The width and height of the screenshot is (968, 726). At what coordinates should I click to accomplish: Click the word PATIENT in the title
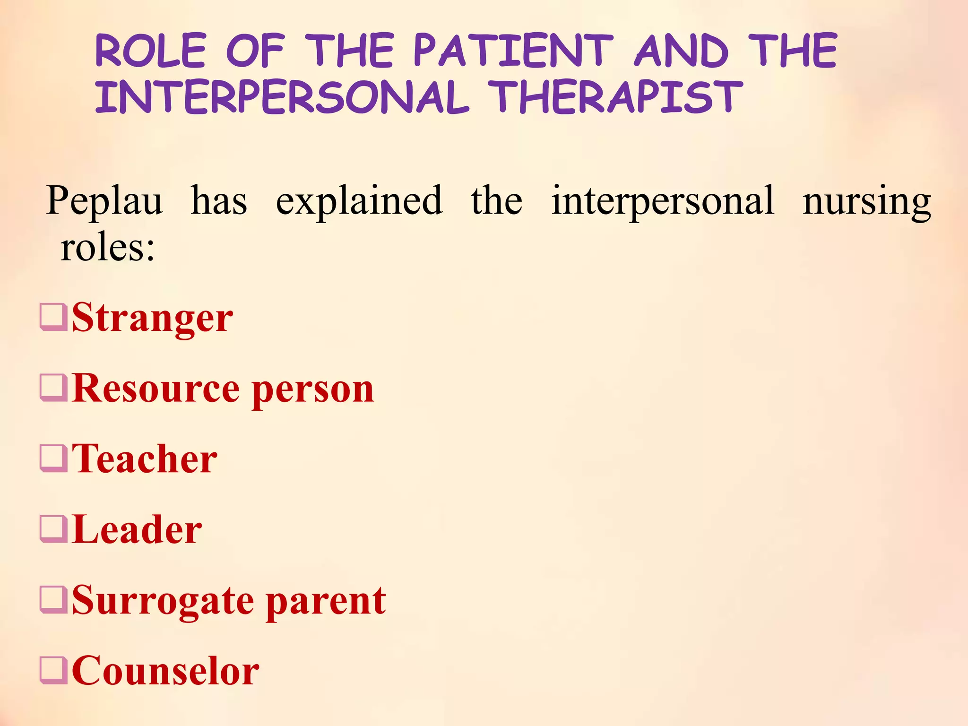click(513, 51)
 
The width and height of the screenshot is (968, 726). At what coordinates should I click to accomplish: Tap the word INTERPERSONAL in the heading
click(282, 98)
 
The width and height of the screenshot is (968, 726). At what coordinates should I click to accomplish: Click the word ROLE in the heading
click(151, 51)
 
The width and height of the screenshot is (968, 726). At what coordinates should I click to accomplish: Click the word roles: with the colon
click(108, 248)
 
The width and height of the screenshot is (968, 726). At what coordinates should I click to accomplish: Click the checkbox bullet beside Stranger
click(53, 317)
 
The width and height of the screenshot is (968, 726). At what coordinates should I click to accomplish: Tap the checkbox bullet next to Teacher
click(53, 458)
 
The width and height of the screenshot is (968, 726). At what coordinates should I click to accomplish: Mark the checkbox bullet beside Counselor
click(53, 670)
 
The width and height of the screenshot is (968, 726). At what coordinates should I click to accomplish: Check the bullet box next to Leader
click(53, 528)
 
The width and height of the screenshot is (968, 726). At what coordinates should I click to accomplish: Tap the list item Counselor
click(165, 671)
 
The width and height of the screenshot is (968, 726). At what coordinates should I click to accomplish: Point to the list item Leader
click(137, 529)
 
